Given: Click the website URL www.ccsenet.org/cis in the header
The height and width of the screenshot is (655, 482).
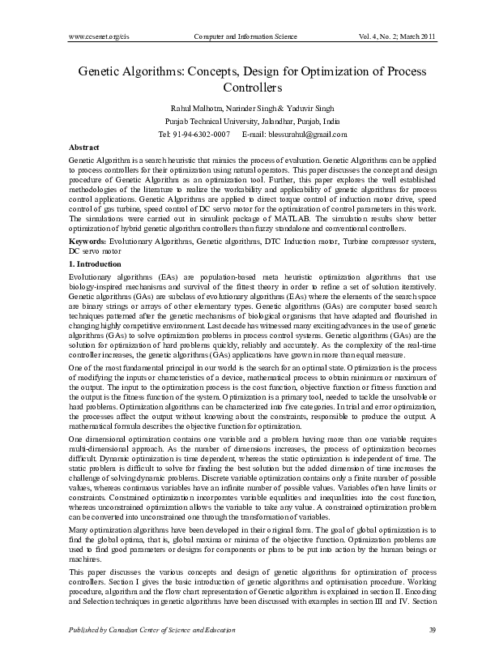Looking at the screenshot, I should coord(96,37).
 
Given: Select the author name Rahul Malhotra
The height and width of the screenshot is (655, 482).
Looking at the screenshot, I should coord(193,107).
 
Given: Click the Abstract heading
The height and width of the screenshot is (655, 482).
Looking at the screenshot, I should coord(84,148).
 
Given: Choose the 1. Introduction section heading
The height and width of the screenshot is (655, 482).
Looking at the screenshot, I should coord(95,264).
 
